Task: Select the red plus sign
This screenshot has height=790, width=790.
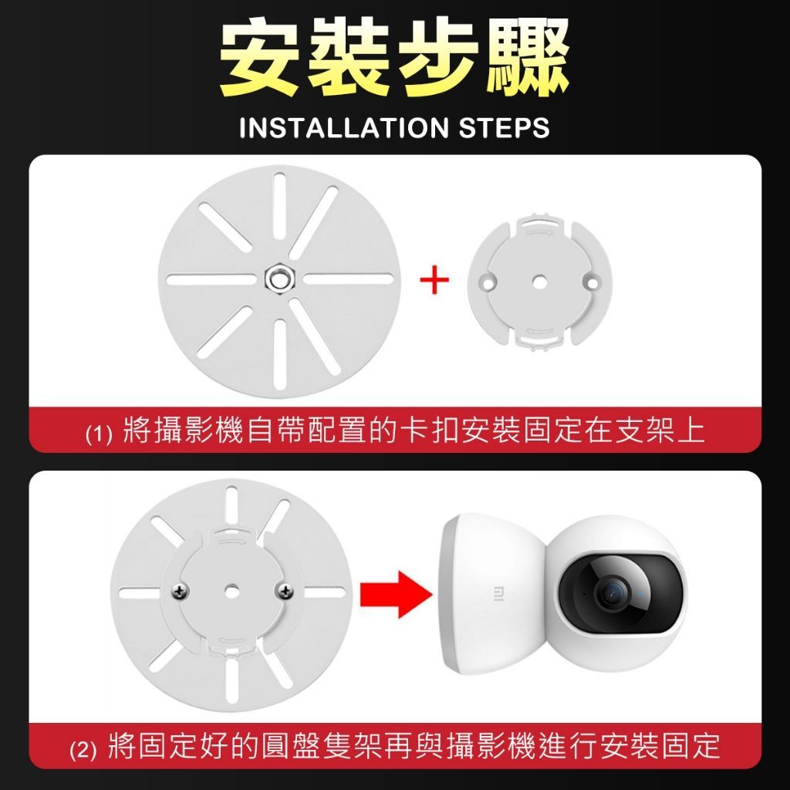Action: [434, 279]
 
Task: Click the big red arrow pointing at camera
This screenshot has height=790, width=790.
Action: [396, 595]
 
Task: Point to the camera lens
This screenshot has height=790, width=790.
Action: [612, 593]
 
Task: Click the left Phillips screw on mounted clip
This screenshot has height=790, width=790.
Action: [180, 590]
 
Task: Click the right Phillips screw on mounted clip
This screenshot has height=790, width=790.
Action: [285, 590]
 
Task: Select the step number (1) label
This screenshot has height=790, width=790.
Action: [98, 434]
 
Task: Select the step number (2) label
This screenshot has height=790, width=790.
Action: [83, 750]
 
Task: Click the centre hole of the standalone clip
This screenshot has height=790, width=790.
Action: [539, 281]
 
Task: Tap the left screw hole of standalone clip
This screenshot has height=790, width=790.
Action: [488, 281]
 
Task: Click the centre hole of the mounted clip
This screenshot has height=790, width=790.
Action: [231, 591]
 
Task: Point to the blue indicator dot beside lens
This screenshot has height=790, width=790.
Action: [640, 593]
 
